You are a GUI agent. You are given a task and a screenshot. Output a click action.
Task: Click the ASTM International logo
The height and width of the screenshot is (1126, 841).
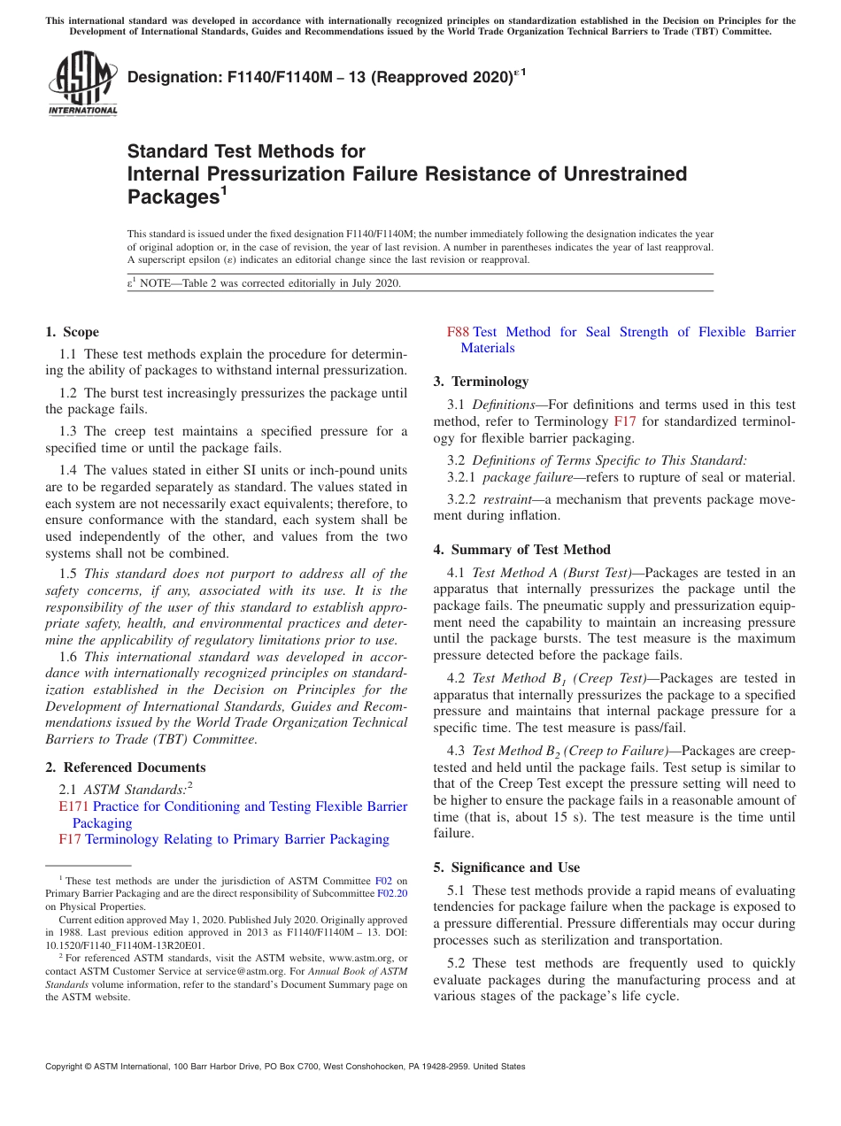click(81, 84)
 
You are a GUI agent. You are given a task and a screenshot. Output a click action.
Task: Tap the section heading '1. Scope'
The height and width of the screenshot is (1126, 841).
click(73, 332)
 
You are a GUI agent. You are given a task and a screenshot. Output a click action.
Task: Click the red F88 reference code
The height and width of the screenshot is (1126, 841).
click(458, 332)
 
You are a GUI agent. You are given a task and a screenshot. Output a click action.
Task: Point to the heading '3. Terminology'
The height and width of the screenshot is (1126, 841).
click(481, 382)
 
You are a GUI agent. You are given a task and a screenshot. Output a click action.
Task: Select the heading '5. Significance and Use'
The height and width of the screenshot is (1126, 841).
click(506, 868)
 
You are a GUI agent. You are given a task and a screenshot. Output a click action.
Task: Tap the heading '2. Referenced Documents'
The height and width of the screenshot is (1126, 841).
click(126, 767)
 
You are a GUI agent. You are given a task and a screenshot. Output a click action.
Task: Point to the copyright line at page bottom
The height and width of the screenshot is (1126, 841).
click(284, 1067)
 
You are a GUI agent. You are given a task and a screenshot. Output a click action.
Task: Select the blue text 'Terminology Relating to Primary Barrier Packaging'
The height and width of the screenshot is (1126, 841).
click(237, 839)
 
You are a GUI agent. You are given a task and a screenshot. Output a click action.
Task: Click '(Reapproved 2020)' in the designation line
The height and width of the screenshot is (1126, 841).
click(443, 77)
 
